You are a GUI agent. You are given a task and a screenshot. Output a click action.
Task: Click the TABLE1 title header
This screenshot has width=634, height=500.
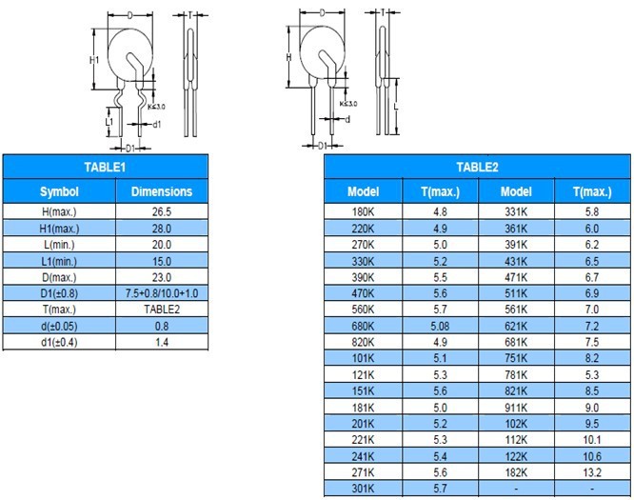coord(105,167)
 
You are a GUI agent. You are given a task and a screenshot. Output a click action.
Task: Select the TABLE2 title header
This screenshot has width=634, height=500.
coord(477,167)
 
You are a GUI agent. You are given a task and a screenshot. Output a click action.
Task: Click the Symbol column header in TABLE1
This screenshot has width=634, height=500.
coord(59,191)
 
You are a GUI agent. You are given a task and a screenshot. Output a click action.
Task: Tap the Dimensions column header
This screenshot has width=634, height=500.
coord(162,191)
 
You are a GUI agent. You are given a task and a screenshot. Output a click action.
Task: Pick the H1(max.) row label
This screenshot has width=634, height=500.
coord(59,229)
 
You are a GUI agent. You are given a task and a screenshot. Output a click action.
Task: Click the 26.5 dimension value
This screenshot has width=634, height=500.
coord(162,212)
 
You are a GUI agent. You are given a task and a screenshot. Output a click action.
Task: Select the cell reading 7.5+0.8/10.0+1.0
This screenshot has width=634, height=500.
coord(162,293)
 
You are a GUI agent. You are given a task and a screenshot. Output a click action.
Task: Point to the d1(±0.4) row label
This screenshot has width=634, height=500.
coord(59,342)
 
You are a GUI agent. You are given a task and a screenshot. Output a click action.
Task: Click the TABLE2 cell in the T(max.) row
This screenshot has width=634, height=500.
coord(162,310)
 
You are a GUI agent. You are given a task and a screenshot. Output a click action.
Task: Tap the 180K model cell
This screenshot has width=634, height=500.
coord(363,212)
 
